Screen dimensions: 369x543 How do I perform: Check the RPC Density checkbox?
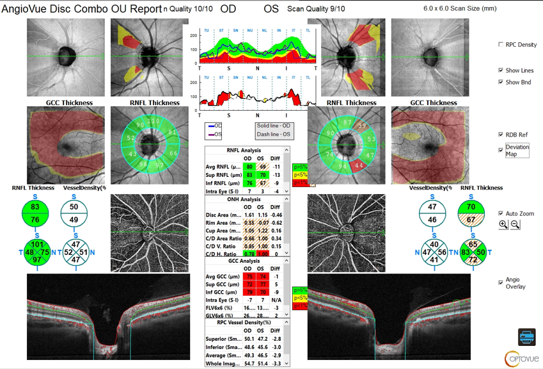pyautogui.click(x=501, y=45)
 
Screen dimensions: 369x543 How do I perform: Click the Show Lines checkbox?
pyautogui.click(x=501, y=70)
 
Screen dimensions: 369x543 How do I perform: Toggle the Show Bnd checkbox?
pyautogui.click(x=501, y=82)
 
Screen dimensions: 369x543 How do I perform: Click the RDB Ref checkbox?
pyautogui.click(x=501, y=135)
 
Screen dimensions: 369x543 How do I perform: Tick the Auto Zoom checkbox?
pyautogui.click(x=501, y=213)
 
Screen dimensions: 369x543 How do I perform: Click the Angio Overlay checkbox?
pyautogui.click(x=501, y=283)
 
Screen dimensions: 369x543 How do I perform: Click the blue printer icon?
pyautogui.click(x=526, y=336)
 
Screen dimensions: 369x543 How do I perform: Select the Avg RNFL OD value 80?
pyautogui.click(x=249, y=167)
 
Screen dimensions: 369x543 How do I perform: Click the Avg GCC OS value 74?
pyautogui.click(x=262, y=277)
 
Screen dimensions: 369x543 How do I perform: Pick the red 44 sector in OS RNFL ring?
pyautogui.click(x=359, y=165)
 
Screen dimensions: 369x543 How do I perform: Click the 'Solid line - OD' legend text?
pyautogui.click(x=273, y=126)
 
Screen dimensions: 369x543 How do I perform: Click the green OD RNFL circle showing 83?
pyautogui.click(x=35, y=207)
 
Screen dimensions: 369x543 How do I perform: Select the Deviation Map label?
pyautogui.click(x=516, y=151)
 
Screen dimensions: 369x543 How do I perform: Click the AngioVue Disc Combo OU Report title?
pyautogui.click(x=81, y=10)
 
